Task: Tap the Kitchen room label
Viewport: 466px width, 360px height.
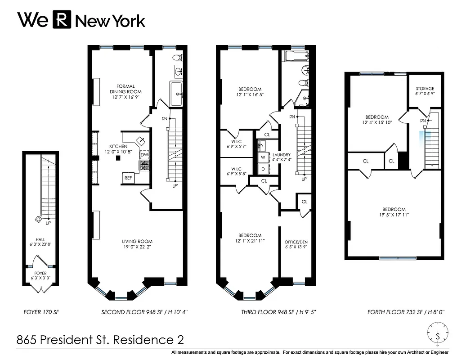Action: (118, 146)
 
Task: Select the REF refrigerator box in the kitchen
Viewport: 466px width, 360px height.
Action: (128, 178)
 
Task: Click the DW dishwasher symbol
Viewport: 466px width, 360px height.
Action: (144, 155)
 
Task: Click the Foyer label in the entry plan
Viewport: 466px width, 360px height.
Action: (40, 273)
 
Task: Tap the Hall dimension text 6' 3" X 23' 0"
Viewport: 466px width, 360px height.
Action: (40, 245)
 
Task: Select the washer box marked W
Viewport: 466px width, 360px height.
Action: (263, 157)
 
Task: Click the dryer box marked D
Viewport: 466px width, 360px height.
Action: (263, 169)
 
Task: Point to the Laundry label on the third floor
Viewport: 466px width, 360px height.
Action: (282, 154)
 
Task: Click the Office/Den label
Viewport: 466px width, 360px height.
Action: (296, 242)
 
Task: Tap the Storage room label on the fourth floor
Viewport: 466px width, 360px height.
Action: (425, 89)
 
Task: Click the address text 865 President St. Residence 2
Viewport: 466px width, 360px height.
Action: (100, 340)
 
